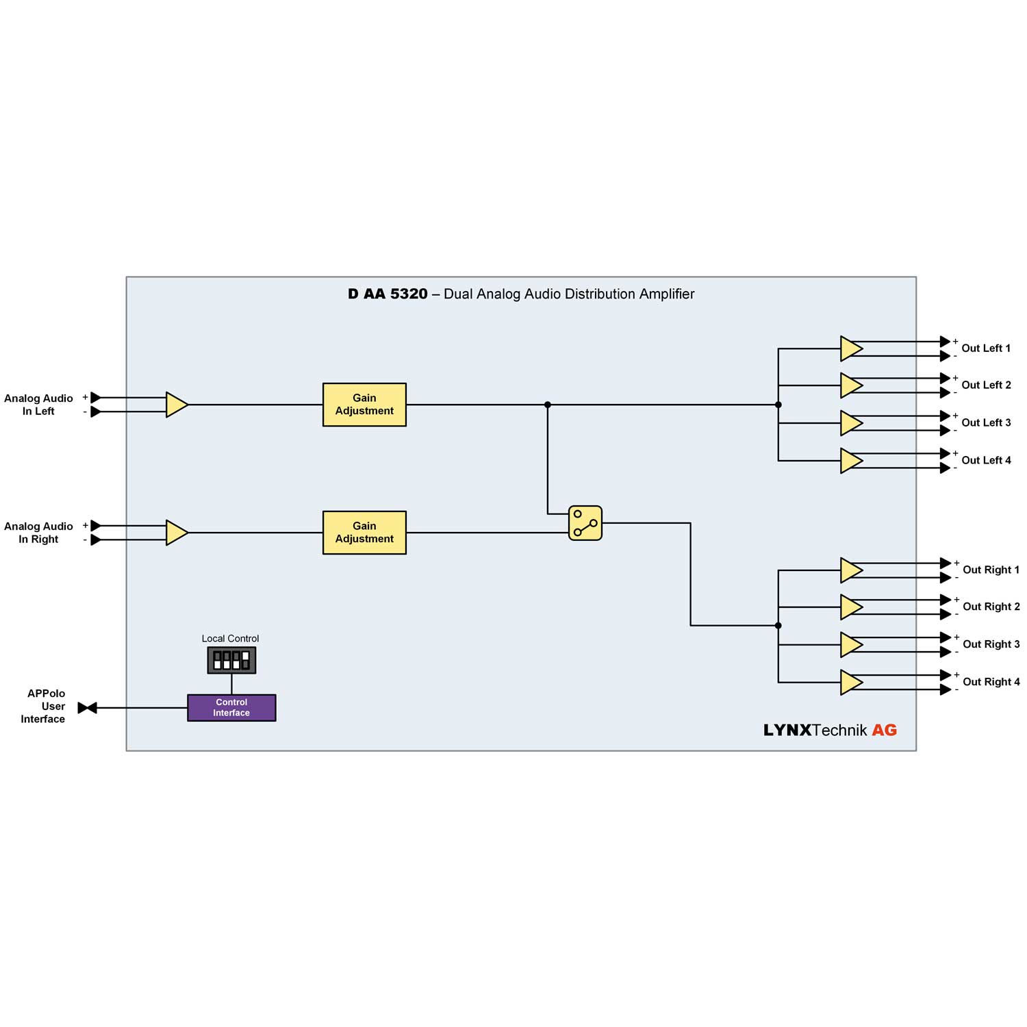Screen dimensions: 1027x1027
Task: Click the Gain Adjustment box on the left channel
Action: click(364, 405)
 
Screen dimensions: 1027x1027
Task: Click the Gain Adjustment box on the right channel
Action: click(364, 533)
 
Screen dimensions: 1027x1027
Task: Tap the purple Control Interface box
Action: click(231, 707)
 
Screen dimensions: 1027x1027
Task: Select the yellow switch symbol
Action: click(585, 523)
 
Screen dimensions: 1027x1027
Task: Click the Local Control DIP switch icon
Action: click(231, 660)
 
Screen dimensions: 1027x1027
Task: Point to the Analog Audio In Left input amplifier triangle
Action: click(176, 405)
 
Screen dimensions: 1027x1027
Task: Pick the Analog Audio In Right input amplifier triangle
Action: click(176, 533)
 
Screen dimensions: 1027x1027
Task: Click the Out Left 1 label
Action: click(985, 348)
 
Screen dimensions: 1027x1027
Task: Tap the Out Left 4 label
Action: click(985, 461)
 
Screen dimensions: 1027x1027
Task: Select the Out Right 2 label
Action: click(991, 607)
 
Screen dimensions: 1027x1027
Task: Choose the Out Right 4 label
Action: click(991, 682)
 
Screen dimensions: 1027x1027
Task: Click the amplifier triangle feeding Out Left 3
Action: click(850, 423)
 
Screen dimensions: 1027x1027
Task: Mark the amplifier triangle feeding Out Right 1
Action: click(850, 570)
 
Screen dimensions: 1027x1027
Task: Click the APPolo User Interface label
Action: click(45, 707)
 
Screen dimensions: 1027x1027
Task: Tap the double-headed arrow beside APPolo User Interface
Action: click(88, 708)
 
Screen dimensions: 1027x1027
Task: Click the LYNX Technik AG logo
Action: click(830, 731)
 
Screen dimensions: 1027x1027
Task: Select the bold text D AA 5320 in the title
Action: click(388, 294)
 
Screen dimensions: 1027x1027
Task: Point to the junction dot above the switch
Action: click(548, 405)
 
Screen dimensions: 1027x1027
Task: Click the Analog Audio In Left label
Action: click(38, 405)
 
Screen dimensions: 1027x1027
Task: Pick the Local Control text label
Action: click(230, 639)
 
